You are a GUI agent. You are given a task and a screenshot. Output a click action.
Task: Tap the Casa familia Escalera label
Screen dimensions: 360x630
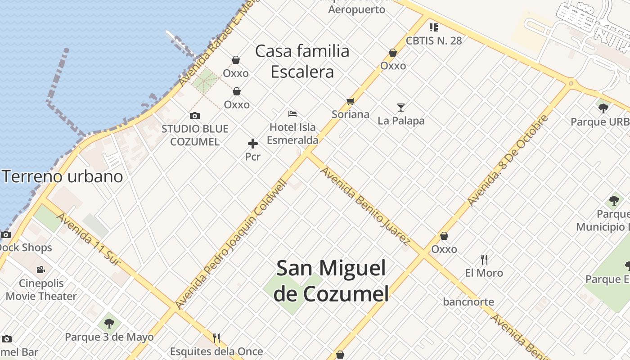[x=302, y=61]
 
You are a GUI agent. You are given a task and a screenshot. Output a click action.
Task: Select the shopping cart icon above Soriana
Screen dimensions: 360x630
[x=350, y=102]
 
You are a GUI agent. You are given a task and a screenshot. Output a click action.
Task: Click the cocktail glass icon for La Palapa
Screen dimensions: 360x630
[x=401, y=108]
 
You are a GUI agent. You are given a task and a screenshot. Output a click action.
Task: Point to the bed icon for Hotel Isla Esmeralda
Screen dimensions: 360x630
[x=292, y=114]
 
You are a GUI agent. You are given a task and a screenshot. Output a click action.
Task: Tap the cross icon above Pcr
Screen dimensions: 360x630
[x=253, y=144]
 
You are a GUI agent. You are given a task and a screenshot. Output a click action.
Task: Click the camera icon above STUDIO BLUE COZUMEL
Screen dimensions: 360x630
[x=194, y=116]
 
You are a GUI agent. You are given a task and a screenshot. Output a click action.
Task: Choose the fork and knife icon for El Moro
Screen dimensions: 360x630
[x=484, y=260]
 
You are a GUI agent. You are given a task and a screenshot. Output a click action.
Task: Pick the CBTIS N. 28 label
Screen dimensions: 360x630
[x=434, y=40]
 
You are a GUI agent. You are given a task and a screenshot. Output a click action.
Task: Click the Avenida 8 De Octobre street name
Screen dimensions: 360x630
[x=508, y=161]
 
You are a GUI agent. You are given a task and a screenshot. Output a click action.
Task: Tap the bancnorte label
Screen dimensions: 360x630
[x=468, y=302]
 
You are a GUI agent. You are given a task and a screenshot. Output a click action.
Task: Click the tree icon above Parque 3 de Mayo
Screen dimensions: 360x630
[x=109, y=323]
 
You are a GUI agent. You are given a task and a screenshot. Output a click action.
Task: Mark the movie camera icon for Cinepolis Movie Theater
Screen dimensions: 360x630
[x=41, y=270]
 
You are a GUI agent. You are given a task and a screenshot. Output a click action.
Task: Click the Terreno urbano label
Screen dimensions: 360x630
[x=63, y=176]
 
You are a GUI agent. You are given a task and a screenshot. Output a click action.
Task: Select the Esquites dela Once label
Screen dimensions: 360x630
[x=216, y=351]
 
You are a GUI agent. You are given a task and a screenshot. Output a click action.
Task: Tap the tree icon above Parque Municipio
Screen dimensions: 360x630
[x=614, y=201]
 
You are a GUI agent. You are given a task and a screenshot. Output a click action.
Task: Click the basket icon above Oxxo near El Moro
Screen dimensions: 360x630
[x=444, y=236]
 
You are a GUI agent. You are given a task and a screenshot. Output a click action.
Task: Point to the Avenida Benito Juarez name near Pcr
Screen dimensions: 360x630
[x=364, y=205]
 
